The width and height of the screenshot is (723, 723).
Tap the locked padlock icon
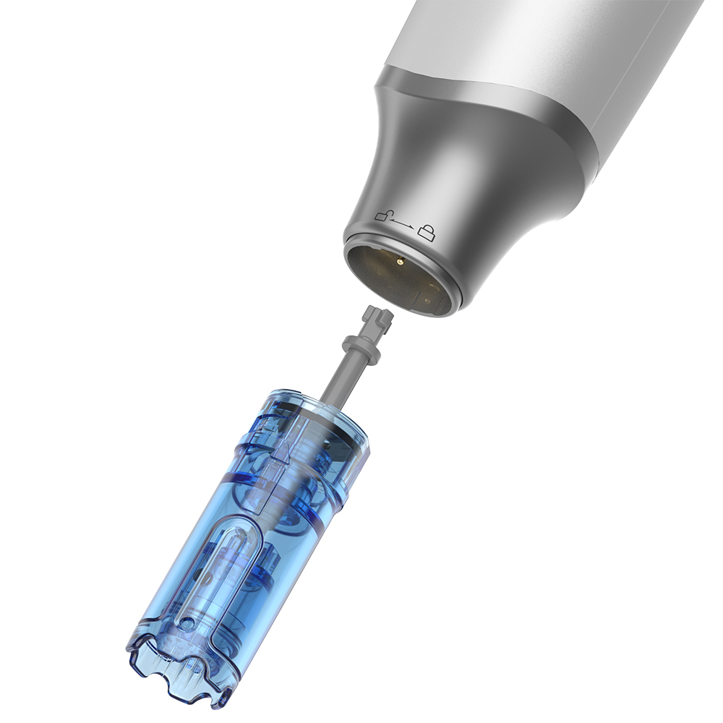click(428, 232)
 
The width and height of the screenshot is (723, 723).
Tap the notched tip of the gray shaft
click(378, 317)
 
